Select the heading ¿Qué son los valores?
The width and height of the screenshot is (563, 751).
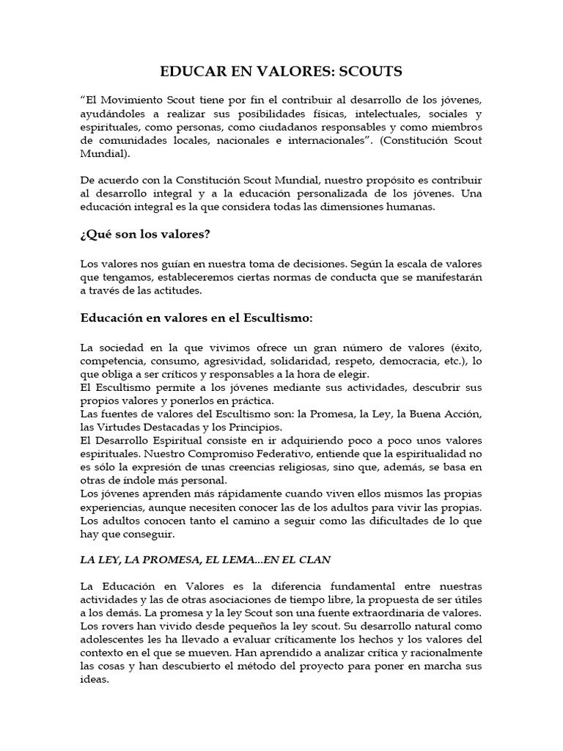145,235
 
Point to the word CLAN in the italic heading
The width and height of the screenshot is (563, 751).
317,560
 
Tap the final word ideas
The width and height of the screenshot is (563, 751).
93,679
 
